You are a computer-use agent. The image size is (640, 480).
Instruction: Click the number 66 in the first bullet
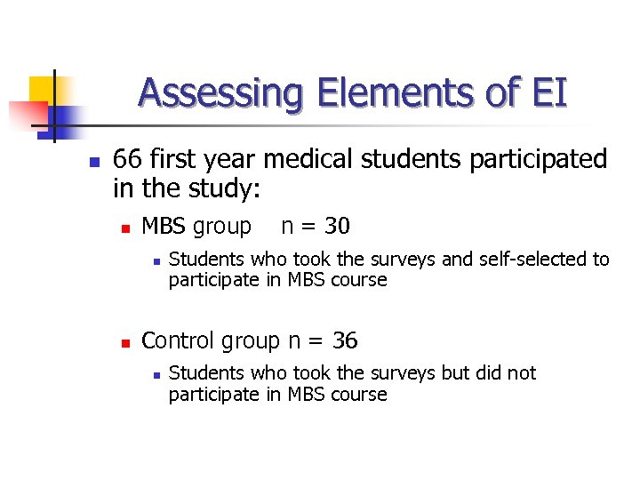pyautogui.click(x=128, y=160)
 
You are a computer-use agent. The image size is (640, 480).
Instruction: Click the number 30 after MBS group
pyautogui.click(x=337, y=227)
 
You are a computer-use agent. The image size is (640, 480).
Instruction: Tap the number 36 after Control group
pyautogui.click(x=345, y=340)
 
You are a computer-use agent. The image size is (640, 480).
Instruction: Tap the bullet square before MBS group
pyautogui.click(x=125, y=229)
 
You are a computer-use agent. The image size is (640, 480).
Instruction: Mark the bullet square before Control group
pyautogui.click(x=125, y=343)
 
